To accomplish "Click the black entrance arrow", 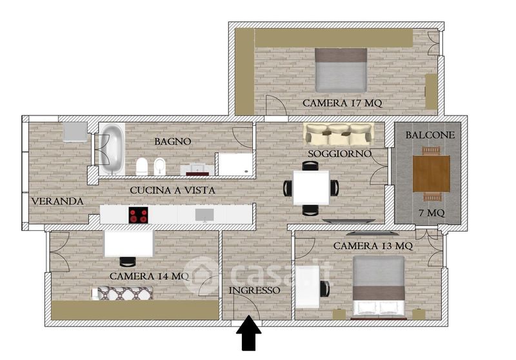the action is (249, 332).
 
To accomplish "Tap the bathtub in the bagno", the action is (112, 149).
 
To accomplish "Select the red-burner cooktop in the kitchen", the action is (138, 215).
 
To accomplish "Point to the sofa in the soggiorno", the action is (339, 134).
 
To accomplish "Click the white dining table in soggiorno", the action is (311, 188).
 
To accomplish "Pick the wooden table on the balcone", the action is (431, 174).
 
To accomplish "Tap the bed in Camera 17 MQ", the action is (341, 70).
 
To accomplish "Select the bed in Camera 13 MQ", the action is (379, 286).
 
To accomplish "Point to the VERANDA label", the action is (57, 201).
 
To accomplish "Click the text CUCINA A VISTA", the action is (172, 190).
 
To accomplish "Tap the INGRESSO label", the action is (254, 290).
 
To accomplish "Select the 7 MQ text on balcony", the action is (432, 214).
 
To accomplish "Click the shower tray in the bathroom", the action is (235, 165).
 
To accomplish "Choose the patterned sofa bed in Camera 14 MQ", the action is (122, 293).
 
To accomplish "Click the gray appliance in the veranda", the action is (75, 132).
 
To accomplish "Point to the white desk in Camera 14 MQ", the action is (128, 243).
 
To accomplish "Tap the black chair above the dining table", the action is (310, 166).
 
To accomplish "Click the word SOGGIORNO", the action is (340, 154).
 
